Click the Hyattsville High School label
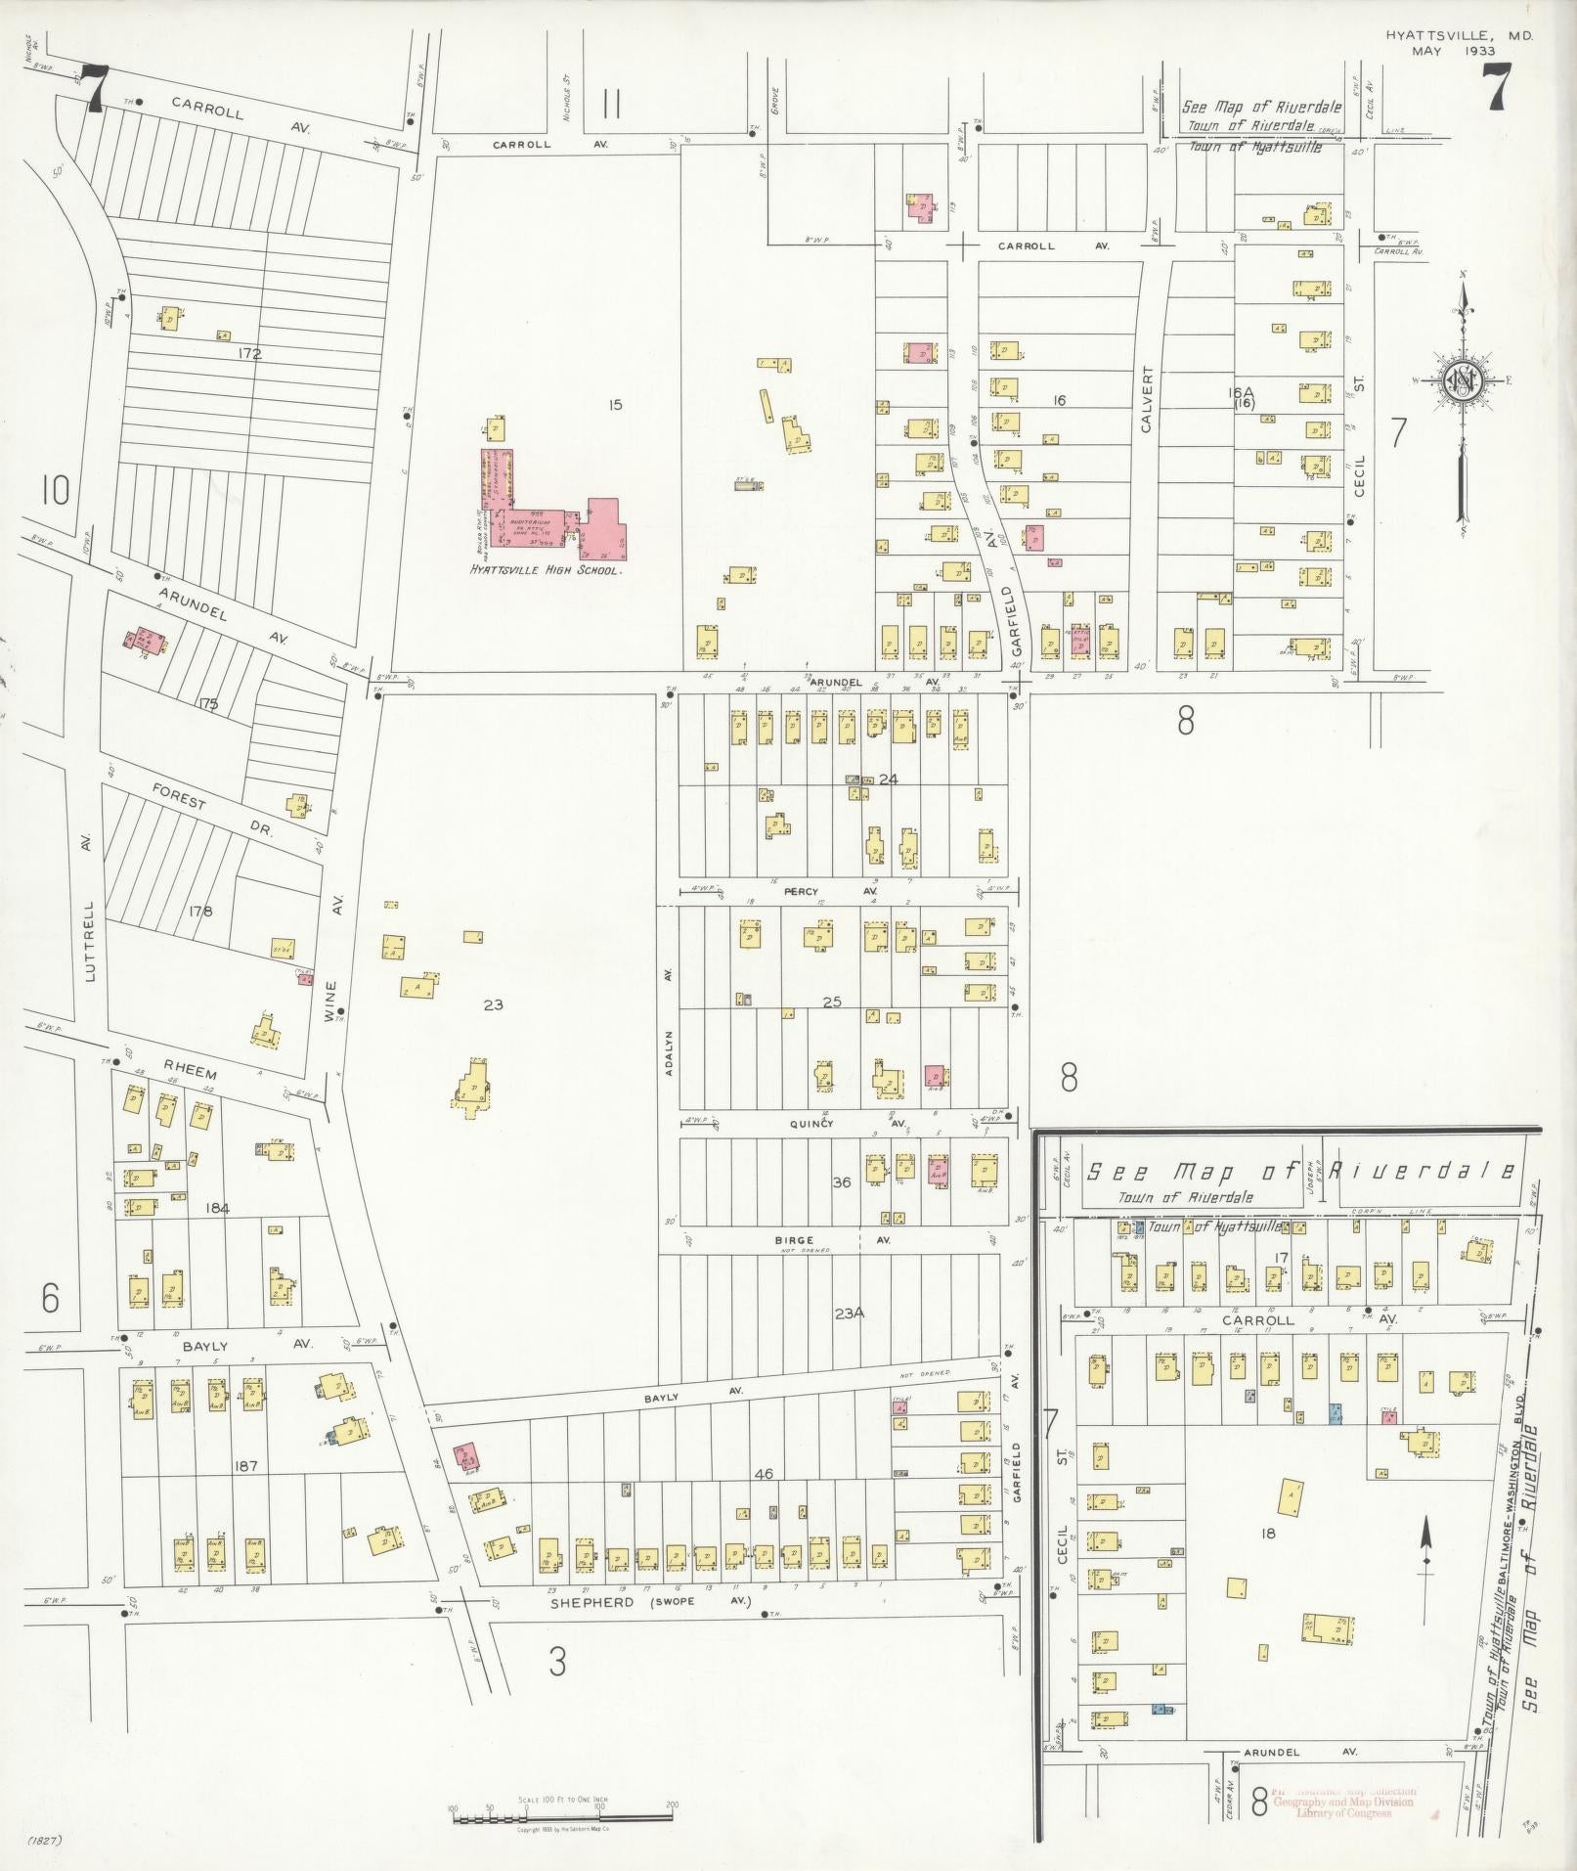(546, 570)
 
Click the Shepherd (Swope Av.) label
(650, 1603)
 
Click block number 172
(249, 354)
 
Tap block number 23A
(850, 1313)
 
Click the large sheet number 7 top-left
(95, 89)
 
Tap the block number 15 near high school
(614, 405)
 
